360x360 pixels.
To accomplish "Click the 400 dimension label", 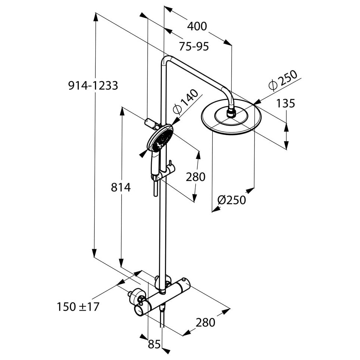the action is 197,27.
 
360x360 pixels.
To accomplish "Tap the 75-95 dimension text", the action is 194,46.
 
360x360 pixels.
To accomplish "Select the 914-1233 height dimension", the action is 93,86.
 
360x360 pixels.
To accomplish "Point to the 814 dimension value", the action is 121,187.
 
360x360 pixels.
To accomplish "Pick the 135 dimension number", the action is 285,103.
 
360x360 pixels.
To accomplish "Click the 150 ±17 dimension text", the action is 78,307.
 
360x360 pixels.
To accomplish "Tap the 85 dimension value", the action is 154,344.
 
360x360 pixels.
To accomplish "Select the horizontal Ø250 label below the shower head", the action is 231,200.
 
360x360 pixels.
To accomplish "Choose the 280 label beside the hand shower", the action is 196,177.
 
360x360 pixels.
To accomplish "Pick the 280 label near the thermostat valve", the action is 205,322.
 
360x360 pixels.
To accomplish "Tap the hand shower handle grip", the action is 154,163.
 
